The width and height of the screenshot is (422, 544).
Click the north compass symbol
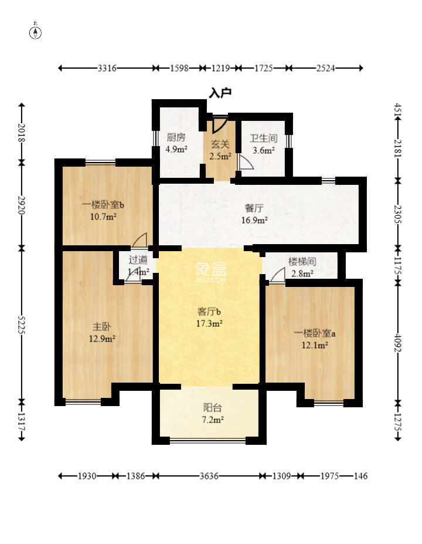[x=35, y=31]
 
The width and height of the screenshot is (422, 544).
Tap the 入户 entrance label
[x=220, y=93]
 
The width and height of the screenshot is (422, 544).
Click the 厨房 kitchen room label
[x=176, y=137]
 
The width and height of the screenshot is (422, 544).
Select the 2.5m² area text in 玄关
[x=220, y=156]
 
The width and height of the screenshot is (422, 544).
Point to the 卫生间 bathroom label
[x=264, y=138]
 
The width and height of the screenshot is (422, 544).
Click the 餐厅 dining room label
[x=254, y=208]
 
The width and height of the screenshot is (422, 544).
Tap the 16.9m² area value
[x=254, y=220]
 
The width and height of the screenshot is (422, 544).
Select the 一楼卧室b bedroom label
[x=103, y=205]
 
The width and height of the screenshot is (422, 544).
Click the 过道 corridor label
[x=138, y=259]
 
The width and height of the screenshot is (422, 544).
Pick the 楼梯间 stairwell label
[x=302, y=261]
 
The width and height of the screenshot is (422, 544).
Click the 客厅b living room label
[x=209, y=311]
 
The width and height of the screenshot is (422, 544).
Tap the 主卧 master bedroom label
[x=102, y=326]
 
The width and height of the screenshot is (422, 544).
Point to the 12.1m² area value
[x=315, y=345]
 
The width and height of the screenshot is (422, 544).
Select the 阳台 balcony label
[x=212, y=407]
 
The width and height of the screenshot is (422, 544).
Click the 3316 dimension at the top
[x=107, y=68]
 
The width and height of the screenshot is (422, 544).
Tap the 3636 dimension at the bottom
[x=209, y=476]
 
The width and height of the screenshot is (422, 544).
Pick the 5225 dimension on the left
[x=22, y=325]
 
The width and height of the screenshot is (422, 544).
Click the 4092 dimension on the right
[x=398, y=343]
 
